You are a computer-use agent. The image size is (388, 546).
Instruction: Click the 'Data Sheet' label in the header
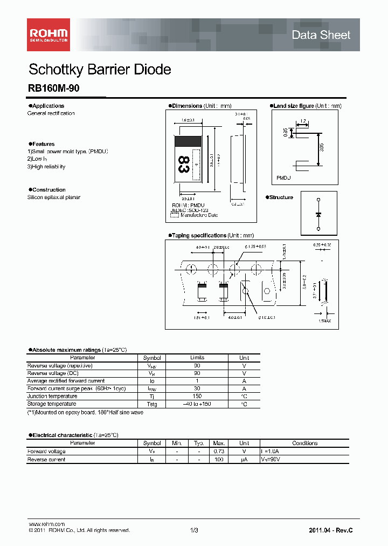point(321,35)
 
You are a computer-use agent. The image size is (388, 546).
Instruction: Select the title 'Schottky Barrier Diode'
point(100,70)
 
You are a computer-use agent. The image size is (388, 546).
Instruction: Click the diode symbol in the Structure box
point(318,214)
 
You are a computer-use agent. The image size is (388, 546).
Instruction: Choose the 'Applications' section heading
point(47,106)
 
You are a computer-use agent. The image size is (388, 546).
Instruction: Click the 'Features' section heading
point(43,144)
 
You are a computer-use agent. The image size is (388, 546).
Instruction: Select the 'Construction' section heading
point(48,190)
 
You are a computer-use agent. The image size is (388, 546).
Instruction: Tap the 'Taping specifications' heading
point(199,236)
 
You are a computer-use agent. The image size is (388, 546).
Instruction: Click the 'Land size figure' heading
point(293,106)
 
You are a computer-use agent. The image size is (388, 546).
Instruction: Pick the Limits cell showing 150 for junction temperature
point(197,396)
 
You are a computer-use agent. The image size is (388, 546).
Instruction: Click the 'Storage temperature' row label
point(52,404)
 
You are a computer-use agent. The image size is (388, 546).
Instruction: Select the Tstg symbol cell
point(152,404)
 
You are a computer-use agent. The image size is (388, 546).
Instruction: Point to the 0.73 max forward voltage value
point(218,452)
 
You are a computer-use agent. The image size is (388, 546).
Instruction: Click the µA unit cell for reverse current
point(244,460)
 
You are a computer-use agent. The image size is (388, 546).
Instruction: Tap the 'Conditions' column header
point(305,443)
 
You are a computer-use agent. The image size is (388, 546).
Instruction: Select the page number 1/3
point(194,531)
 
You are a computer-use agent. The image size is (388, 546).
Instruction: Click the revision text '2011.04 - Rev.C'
point(331,531)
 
